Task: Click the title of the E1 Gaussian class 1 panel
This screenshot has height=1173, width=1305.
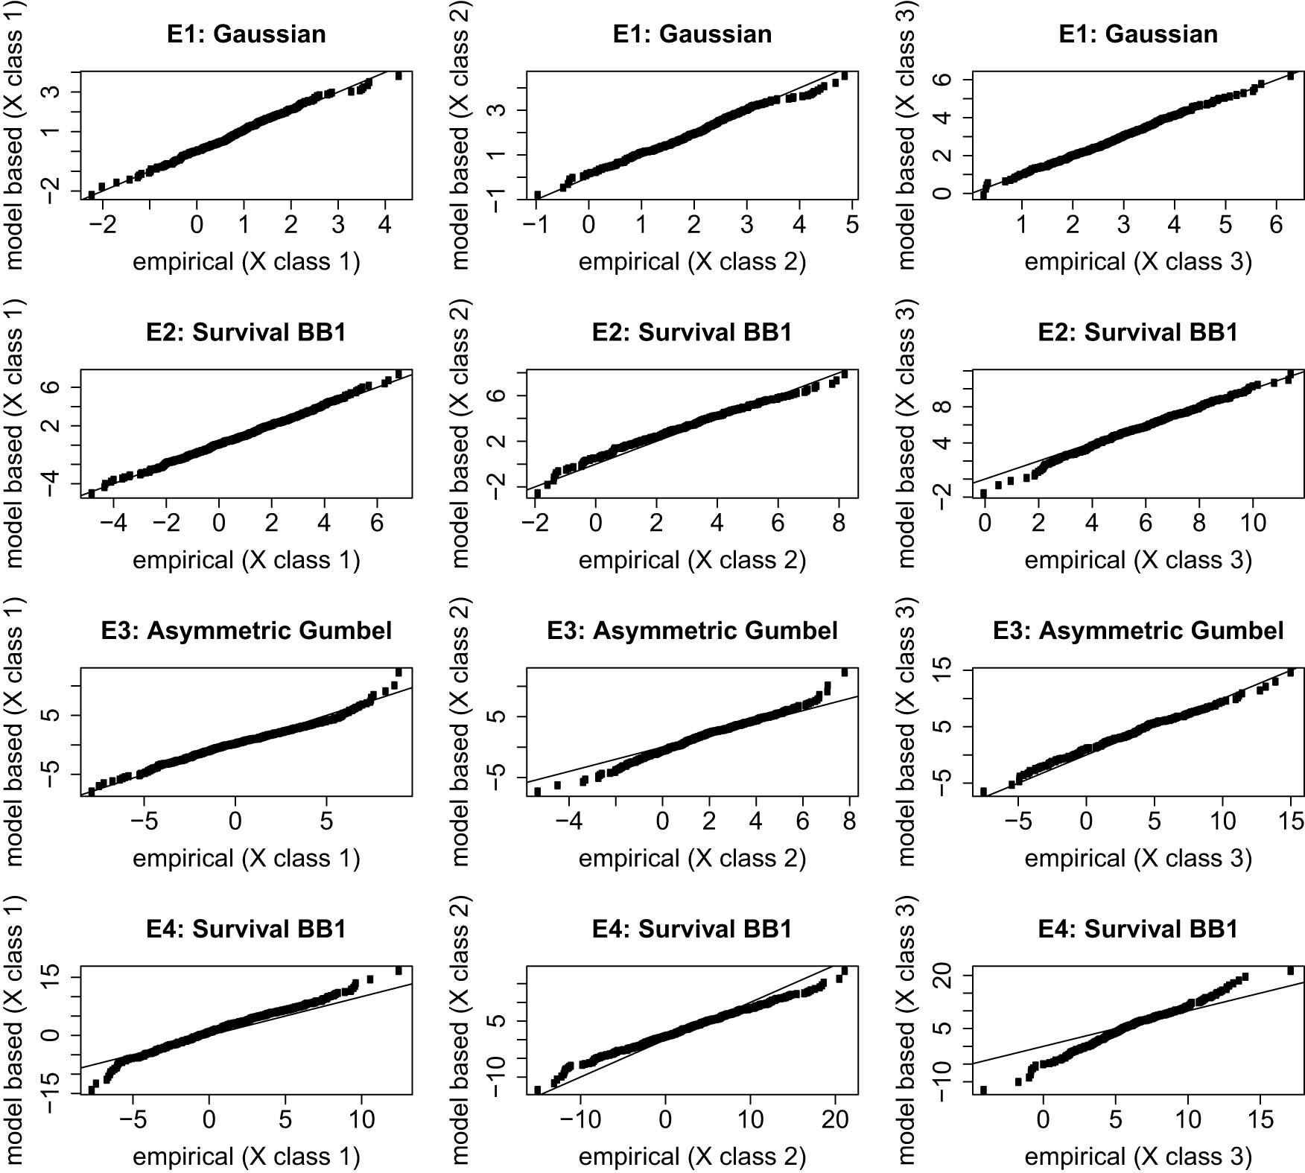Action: [247, 34]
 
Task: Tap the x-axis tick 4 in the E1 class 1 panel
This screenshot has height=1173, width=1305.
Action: [384, 224]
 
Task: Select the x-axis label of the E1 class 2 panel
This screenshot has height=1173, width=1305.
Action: [692, 262]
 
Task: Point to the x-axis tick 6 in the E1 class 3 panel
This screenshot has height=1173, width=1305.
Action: [1276, 224]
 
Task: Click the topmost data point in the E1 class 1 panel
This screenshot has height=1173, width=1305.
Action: [399, 75]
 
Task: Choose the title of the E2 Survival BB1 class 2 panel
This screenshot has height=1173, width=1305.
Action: [692, 332]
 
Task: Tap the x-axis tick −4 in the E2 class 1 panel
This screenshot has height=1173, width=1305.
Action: [113, 523]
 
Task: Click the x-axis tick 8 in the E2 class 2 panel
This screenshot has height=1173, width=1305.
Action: [839, 523]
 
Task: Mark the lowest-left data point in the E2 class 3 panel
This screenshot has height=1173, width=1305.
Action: [983, 493]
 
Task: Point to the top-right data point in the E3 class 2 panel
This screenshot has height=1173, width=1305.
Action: [845, 672]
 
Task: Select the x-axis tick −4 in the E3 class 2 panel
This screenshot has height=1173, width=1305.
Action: [569, 821]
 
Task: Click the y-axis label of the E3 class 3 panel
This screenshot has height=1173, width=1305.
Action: [906, 731]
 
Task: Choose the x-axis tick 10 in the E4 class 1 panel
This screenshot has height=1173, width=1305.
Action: [362, 1119]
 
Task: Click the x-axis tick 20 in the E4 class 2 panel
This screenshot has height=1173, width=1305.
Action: [835, 1119]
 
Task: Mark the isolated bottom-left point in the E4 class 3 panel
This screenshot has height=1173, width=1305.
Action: [983, 1090]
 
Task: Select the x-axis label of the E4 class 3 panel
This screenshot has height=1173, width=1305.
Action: [1138, 1157]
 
